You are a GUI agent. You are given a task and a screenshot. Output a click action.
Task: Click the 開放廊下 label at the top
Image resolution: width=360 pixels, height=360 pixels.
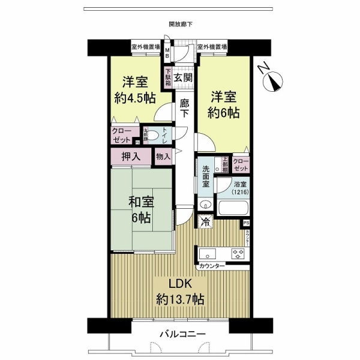181,25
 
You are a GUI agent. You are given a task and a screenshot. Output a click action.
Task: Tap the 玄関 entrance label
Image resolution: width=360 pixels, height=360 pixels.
184,77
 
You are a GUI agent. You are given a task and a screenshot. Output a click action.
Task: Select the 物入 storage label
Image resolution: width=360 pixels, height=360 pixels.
163,157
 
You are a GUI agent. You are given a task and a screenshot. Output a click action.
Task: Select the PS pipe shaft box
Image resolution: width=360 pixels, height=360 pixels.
246,224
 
